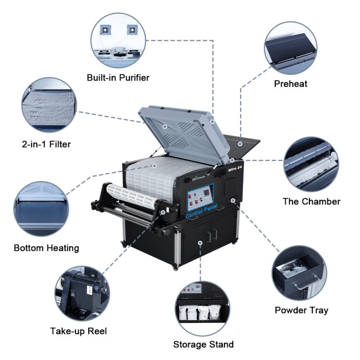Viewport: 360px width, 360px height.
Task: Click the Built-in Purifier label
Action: click(x=118, y=77)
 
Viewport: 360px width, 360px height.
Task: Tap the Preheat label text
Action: click(x=291, y=84)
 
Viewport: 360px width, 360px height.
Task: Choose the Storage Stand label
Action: click(x=203, y=345)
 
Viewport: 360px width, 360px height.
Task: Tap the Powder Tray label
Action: click(x=301, y=310)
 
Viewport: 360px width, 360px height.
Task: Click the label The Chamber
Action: click(x=311, y=202)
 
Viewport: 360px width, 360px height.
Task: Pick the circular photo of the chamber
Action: click(x=311, y=164)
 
